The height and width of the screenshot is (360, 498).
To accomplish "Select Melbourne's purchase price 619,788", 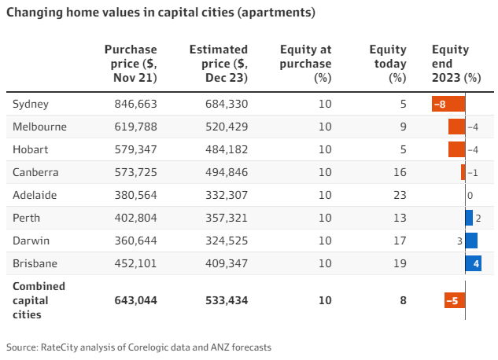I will point(131,127).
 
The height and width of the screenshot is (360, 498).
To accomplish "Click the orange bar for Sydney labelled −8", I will point(448,104).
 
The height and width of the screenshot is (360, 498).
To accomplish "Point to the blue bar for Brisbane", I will point(473,263).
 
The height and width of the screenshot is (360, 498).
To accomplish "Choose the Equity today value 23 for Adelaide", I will point(400,195).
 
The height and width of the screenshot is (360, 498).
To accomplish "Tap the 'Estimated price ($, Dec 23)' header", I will point(219,64).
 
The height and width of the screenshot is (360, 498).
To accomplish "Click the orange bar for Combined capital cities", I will point(455,299).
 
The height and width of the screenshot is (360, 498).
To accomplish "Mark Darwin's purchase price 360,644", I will point(131,241).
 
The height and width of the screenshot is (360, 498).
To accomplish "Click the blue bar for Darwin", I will point(471,241).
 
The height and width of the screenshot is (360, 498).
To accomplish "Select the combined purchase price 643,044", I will point(131,299).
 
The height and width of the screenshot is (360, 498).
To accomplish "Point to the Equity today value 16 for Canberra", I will point(400,172).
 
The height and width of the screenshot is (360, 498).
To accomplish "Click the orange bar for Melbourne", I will point(456,127).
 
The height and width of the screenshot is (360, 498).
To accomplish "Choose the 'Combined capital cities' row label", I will point(39,299).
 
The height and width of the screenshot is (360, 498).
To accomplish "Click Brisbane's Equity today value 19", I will point(400,263).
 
